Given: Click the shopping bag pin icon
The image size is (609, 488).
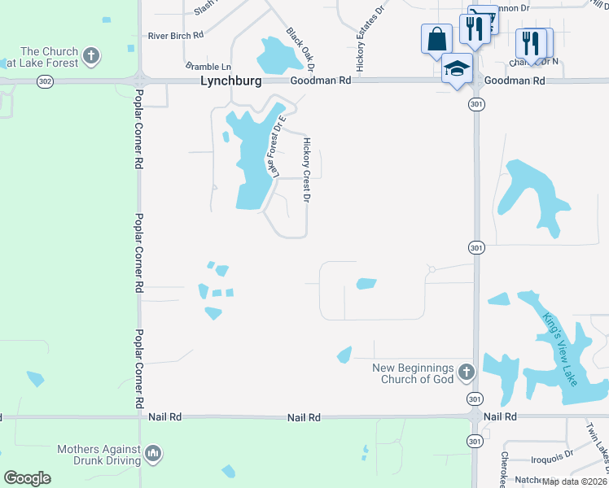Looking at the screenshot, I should pos(436,38).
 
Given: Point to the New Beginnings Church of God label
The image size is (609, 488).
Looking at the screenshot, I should pos(413,373).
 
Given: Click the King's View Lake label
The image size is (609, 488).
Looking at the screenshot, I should pos(561,350).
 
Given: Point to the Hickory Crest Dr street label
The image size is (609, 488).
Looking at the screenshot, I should pos(308,170).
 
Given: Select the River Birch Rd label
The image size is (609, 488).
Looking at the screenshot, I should pos(175,36).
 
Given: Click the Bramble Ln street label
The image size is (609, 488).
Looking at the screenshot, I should pos(208,66).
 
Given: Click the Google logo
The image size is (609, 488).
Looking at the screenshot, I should pos(27,478).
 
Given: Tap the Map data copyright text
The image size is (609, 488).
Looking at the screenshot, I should pos(574,481).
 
